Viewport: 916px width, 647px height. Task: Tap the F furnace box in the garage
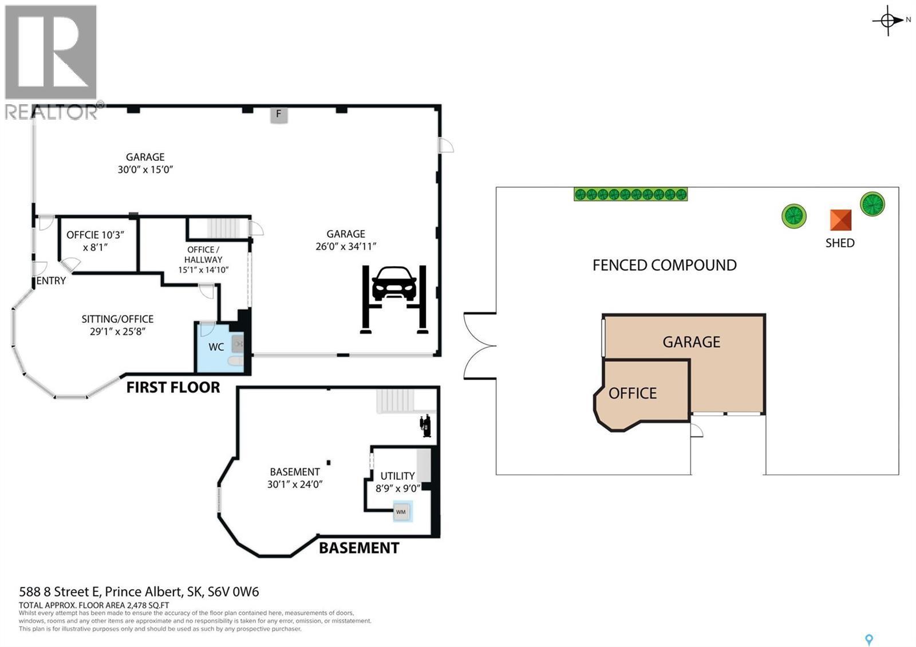(x=279, y=114)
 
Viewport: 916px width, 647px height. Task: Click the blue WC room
(x=217, y=348)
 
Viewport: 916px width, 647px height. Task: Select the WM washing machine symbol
(x=401, y=511)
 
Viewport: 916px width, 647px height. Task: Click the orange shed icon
(x=840, y=220)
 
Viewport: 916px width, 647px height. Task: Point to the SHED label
(x=840, y=243)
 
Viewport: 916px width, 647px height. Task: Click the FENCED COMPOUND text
(x=664, y=265)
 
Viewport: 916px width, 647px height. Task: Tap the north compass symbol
(x=888, y=21)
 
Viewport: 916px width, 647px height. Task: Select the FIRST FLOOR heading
(x=173, y=388)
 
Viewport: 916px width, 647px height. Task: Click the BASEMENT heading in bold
(x=358, y=548)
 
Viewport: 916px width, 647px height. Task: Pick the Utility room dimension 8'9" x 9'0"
(x=398, y=488)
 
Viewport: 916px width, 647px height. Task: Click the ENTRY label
(x=51, y=281)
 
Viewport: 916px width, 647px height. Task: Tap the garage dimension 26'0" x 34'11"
(x=346, y=247)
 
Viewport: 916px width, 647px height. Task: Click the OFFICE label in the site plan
(x=633, y=393)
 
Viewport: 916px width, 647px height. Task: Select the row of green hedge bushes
(x=630, y=194)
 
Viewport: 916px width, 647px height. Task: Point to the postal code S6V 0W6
(x=228, y=591)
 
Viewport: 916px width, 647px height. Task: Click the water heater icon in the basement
(x=425, y=426)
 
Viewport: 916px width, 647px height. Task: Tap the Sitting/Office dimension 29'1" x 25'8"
(x=117, y=332)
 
